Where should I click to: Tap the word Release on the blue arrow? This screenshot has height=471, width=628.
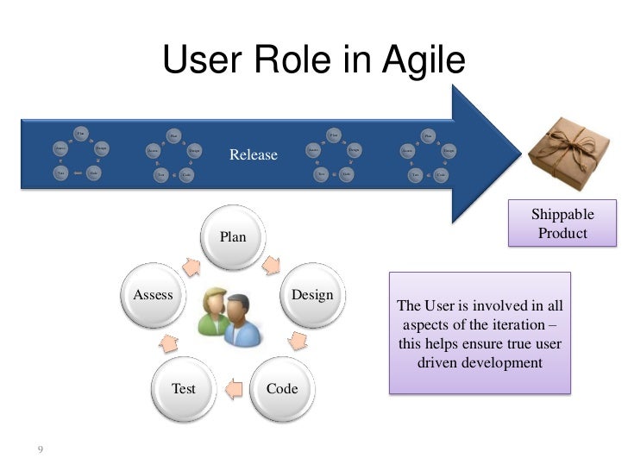click(x=253, y=155)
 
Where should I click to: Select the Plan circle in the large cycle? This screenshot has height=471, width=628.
click(x=233, y=236)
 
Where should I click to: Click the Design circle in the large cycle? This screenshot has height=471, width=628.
click(x=312, y=295)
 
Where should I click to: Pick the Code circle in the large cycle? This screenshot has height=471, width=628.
click(x=282, y=388)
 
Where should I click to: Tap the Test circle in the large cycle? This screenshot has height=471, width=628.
click(x=184, y=388)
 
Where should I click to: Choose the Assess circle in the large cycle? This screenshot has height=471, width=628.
click(x=154, y=295)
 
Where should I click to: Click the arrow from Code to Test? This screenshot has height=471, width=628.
click(x=233, y=390)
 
